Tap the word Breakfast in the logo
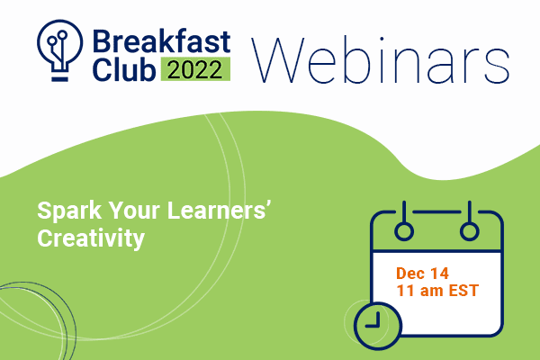[161, 41]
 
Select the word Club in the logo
[123, 69]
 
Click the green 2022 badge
[195, 69]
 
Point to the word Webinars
[381, 60]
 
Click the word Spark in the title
[69, 211]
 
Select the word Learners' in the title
[218, 210]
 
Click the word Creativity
[91, 238]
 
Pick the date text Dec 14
[423, 274]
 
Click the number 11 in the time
[405, 291]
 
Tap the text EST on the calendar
[463, 291]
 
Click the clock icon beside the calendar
[378, 326]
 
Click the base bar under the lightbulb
[60, 79]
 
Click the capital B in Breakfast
[102, 41]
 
